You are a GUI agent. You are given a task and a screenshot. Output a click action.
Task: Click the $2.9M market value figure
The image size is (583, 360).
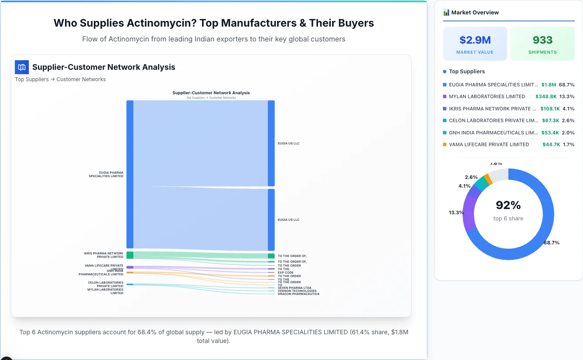(x=475, y=40)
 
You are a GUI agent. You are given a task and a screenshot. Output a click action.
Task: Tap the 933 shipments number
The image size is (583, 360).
(x=542, y=40)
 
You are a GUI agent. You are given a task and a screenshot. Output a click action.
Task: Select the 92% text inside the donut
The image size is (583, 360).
(x=508, y=205)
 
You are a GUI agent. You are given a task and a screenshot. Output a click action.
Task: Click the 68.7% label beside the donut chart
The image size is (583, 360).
(x=552, y=243)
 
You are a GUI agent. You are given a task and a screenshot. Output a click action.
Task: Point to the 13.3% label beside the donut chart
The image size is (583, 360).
(x=456, y=213)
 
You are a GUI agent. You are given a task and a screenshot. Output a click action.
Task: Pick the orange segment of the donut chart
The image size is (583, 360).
(x=488, y=179)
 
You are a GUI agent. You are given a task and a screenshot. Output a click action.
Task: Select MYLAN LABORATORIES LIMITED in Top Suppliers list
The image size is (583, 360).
(x=487, y=96)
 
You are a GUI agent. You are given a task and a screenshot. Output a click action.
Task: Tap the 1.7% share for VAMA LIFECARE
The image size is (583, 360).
(x=569, y=144)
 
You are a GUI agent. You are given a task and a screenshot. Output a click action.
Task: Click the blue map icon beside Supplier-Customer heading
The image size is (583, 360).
(x=22, y=67)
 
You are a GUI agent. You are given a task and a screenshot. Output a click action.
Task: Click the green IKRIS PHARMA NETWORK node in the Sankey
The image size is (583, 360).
(x=130, y=255)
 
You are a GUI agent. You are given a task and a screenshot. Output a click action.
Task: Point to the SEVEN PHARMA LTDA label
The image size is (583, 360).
(x=295, y=288)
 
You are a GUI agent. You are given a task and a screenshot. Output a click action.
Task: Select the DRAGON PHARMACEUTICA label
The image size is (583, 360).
(x=298, y=294)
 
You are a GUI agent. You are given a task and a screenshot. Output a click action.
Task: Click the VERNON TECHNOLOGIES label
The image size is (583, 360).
(x=297, y=291)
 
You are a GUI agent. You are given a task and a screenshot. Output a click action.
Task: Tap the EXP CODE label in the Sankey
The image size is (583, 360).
(x=285, y=272)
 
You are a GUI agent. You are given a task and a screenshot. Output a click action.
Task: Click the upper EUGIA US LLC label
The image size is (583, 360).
(x=288, y=143)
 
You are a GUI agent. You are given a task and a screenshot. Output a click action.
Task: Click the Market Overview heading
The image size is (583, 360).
(x=475, y=13)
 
